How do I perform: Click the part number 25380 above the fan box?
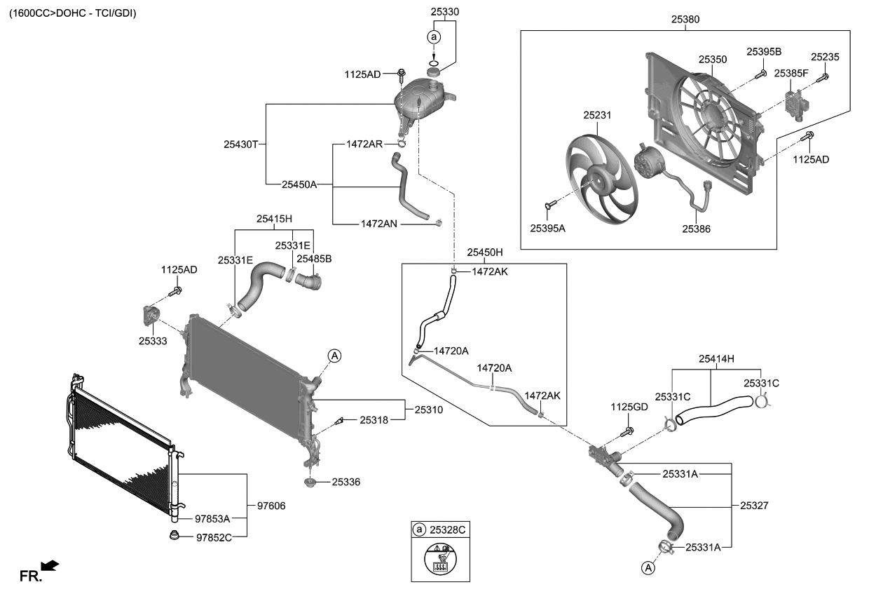[x=685, y=19]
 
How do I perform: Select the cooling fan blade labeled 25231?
[x=601, y=179]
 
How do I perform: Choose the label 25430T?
[x=240, y=144]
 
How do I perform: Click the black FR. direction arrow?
[x=50, y=565]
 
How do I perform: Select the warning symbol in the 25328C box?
[x=440, y=559]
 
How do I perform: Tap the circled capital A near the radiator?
[x=334, y=356]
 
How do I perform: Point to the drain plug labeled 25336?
[x=310, y=482]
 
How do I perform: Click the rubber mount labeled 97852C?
[x=175, y=535]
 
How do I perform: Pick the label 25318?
[x=374, y=420]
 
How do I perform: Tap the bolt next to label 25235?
[x=823, y=78]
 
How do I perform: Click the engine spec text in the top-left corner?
[x=73, y=13]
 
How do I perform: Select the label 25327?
[x=754, y=506]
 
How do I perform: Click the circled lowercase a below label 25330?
[x=434, y=37]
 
